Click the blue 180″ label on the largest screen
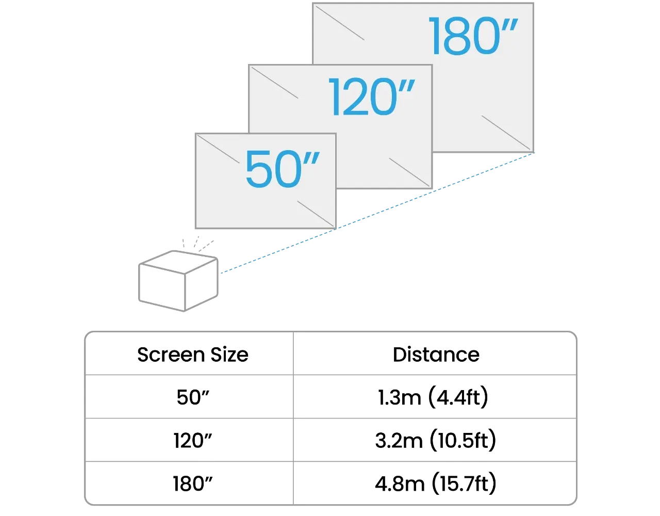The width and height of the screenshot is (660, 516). [473, 36]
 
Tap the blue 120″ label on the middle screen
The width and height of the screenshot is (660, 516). [372, 96]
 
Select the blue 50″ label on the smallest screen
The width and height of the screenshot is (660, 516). [283, 169]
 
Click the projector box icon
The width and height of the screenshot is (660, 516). [178, 281]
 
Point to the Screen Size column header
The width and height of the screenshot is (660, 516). [193, 354]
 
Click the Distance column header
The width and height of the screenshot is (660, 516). [436, 354]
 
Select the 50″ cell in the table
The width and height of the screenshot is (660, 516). [193, 397]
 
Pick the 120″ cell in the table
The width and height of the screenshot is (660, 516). [193, 440]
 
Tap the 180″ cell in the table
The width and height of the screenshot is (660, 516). [193, 483]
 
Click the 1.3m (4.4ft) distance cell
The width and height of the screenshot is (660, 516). [433, 397]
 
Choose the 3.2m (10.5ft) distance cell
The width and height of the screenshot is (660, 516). [436, 440]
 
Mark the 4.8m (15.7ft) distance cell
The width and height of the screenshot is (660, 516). [436, 483]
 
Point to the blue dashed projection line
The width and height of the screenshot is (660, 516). [377, 213]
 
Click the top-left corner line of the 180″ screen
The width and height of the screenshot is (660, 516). [340, 23]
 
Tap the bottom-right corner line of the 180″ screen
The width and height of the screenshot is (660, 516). [506, 133]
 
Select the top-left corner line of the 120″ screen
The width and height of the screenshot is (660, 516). [275, 83]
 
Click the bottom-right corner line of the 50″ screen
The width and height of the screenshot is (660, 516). [316, 214]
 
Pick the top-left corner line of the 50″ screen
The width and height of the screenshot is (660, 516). [219, 149]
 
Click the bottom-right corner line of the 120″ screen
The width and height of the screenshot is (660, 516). [409, 172]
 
